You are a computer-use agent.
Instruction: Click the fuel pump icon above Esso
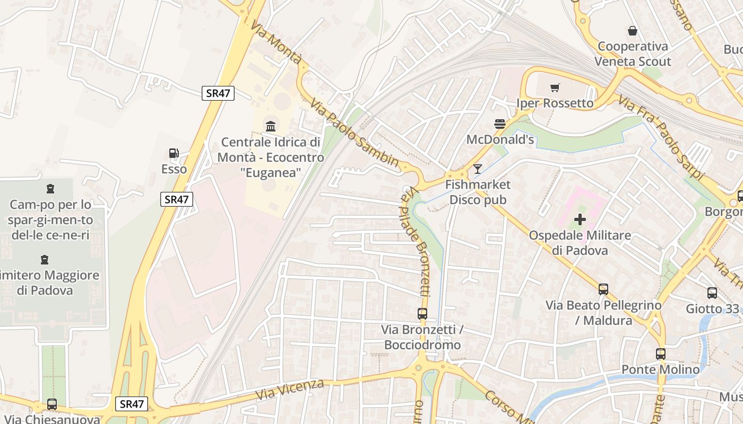[x=174, y=154]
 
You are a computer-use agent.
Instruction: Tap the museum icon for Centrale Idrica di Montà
[x=271, y=126]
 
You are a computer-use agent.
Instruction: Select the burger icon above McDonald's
[x=499, y=124]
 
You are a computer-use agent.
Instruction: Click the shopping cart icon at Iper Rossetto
[x=555, y=87]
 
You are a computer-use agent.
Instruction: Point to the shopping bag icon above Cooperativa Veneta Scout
[x=632, y=31]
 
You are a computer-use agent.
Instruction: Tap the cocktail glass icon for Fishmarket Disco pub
[x=478, y=169]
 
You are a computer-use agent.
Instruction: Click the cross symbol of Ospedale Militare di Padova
[x=580, y=219]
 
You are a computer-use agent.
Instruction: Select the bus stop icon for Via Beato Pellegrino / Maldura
[x=603, y=289]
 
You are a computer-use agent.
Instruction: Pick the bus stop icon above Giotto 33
[x=712, y=293]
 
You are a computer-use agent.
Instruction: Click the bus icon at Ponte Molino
[x=661, y=354]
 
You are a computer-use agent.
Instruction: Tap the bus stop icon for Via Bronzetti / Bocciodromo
[x=422, y=314]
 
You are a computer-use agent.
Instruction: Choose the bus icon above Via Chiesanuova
[x=51, y=404]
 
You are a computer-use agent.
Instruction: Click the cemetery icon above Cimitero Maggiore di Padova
[x=44, y=260]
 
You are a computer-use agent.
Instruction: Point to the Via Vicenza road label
[x=289, y=390]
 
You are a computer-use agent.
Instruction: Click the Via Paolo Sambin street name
[x=354, y=132]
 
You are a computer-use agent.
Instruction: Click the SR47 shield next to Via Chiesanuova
[x=132, y=404]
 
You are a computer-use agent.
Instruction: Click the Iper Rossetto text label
[x=555, y=103]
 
